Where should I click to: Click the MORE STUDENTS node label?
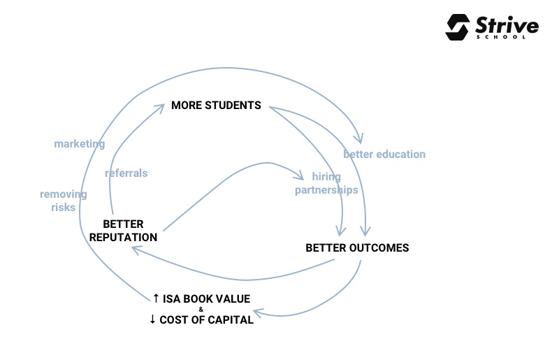216,106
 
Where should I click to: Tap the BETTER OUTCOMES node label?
357,247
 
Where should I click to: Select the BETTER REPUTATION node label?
123,231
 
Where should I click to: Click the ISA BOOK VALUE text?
206,298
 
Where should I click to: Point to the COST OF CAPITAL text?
206,320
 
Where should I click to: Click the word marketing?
80,144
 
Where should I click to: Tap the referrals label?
126,173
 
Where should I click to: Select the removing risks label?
63,201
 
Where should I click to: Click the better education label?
384,154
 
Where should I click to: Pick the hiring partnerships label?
326,183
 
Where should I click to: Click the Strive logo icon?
458,27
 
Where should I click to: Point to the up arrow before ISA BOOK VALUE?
156,298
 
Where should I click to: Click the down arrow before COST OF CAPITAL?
153,320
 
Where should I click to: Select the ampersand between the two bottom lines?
201,310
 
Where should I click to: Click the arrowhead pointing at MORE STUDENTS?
161,106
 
